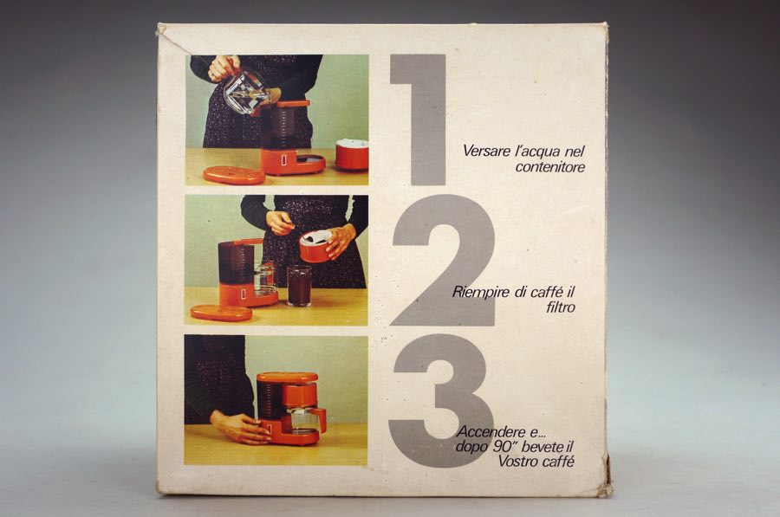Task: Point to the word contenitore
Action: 550,167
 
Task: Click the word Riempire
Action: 480,293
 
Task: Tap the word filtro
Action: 561,307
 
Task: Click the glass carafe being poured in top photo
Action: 244,93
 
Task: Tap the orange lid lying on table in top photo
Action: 234,176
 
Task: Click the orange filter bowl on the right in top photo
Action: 352,155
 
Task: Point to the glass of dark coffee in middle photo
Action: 299,285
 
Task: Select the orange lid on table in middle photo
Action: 221,313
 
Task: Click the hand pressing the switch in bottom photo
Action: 240,427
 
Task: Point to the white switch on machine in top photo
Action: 283,162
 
